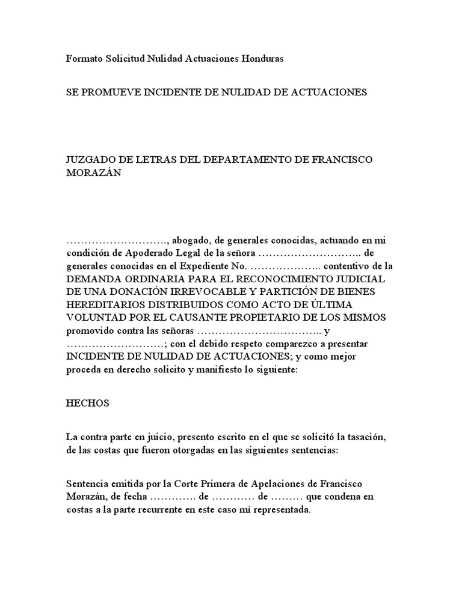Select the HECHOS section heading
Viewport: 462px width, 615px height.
pyautogui.click(x=87, y=404)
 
